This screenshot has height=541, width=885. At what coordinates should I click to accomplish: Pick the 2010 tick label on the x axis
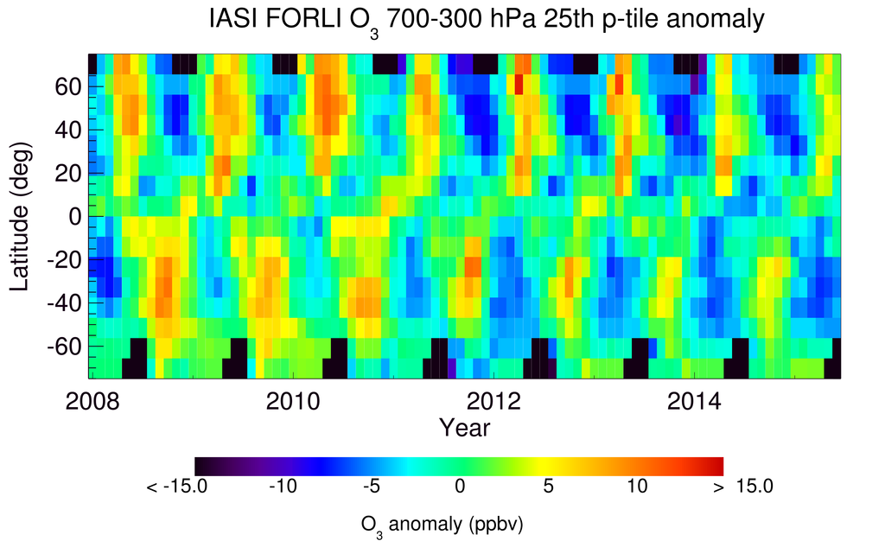pos(291,401)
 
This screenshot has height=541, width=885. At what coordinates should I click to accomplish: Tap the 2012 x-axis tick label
pos(493,401)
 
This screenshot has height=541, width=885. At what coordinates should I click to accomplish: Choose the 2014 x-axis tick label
pos(694,401)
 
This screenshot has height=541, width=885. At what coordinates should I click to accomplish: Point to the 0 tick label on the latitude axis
pos(75,216)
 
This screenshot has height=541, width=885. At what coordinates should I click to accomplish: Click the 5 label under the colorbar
pos(547,487)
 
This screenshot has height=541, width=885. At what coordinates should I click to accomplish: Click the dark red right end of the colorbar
pos(716,466)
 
